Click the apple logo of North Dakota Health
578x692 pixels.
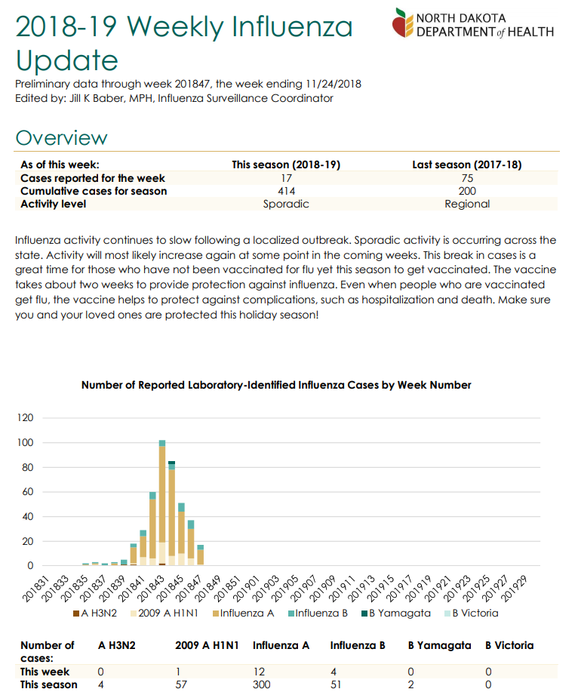click(402, 23)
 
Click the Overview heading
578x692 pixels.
click(61, 138)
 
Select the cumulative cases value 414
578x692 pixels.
click(286, 191)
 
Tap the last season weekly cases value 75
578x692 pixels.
click(467, 178)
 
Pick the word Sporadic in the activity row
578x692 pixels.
click(286, 204)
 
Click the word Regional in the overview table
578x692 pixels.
click(467, 204)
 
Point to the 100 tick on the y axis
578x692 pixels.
click(25, 443)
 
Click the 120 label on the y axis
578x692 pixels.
click(25, 418)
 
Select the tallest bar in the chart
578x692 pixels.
click(162, 503)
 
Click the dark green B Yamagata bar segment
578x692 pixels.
click(171, 463)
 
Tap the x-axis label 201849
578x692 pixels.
click(207, 589)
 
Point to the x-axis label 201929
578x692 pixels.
click(514, 589)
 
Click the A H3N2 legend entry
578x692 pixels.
click(95, 614)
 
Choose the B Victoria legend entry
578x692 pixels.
click(471, 614)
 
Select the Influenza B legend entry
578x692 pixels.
click(318, 614)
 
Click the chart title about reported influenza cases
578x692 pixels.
click(276, 386)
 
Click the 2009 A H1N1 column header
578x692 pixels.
click(207, 646)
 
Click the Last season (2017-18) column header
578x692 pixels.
click(467, 165)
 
